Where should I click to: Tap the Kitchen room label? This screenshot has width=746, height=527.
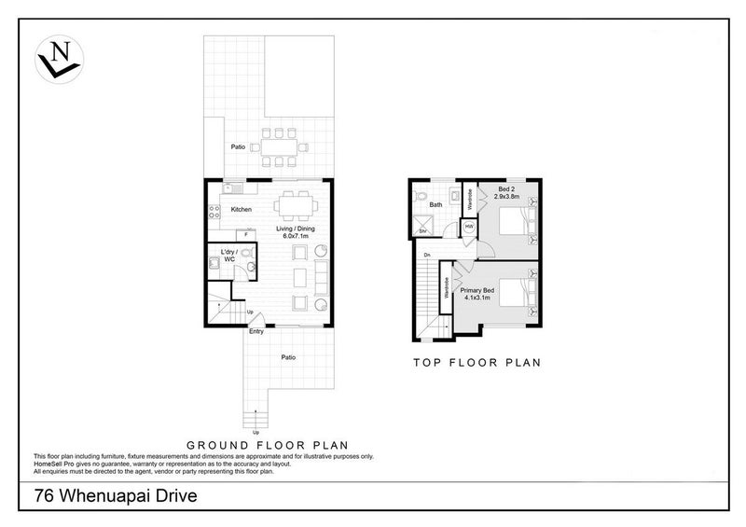(x=242, y=210)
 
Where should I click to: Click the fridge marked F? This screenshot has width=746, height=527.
(x=245, y=235)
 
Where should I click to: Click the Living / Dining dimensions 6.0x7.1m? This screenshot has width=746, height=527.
(x=297, y=235)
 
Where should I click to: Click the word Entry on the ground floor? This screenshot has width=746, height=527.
(x=257, y=330)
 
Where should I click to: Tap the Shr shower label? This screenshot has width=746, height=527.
(x=421, y=230)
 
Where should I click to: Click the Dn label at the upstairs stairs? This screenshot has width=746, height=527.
(x=426, y=255)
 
